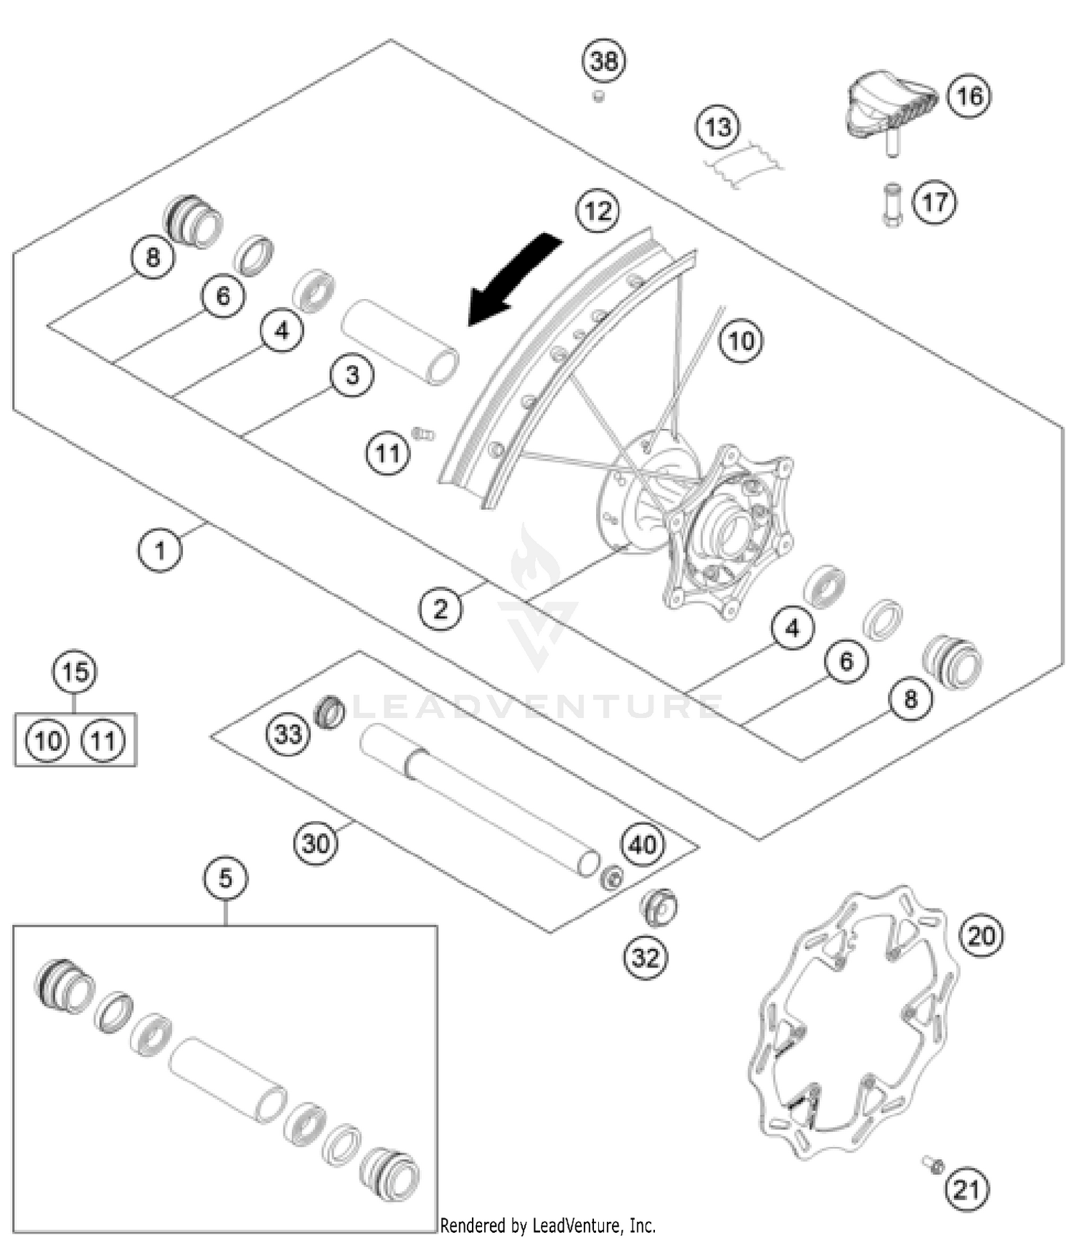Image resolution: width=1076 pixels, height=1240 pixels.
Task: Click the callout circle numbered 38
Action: pos(603,61)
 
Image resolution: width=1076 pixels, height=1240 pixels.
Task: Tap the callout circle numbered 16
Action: pos(969,95)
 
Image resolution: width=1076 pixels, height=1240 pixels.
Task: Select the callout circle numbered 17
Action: pos(934,202)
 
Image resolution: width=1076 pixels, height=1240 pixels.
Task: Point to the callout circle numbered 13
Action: pos(717,127)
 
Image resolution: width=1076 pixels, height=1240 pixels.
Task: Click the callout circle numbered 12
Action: pos(598,211)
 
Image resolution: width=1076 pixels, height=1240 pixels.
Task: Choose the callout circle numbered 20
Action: pos(981,935)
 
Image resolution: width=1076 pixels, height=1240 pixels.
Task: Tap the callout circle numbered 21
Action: pos(966,1190)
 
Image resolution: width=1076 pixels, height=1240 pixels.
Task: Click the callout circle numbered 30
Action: pos(316,843)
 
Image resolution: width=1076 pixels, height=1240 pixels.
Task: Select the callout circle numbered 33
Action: pos(288,734)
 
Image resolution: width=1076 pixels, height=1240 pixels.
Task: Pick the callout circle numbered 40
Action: pos(642,844)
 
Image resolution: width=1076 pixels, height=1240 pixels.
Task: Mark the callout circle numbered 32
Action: pos(645,957)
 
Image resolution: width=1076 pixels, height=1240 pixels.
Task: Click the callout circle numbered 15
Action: pos(75,672)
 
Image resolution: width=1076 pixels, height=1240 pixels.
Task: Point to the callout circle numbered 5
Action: pos(225,878)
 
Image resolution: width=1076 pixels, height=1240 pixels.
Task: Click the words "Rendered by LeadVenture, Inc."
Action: pos(548,1225)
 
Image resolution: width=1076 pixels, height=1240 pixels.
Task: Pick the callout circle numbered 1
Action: pos(159,550)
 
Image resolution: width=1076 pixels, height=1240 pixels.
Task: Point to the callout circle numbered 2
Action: pos(440,609)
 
